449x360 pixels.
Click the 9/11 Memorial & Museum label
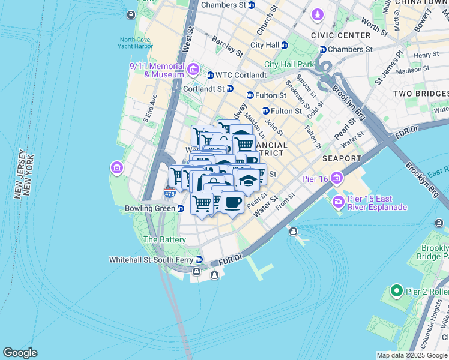tap(156, 70)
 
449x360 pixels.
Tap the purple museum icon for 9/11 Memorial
tap(193, 70)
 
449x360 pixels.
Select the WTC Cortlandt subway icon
tap(210, 75)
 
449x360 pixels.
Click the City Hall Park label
tap(289, 64)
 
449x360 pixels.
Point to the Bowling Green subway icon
tap(180, 208)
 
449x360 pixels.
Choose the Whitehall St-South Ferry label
tap(154, 260)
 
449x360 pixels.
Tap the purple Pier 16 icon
tap(336, 178)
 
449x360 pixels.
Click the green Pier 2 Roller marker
tap(396, 292)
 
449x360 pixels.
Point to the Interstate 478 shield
tap(170, 193)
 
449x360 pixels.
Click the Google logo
tap(20, 353)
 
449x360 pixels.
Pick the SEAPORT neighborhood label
tap(341, 159)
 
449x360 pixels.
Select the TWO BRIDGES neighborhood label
tap(420, 94)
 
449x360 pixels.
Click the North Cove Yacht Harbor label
tap(136, 43)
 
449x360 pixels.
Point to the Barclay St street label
tap(227, 46)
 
